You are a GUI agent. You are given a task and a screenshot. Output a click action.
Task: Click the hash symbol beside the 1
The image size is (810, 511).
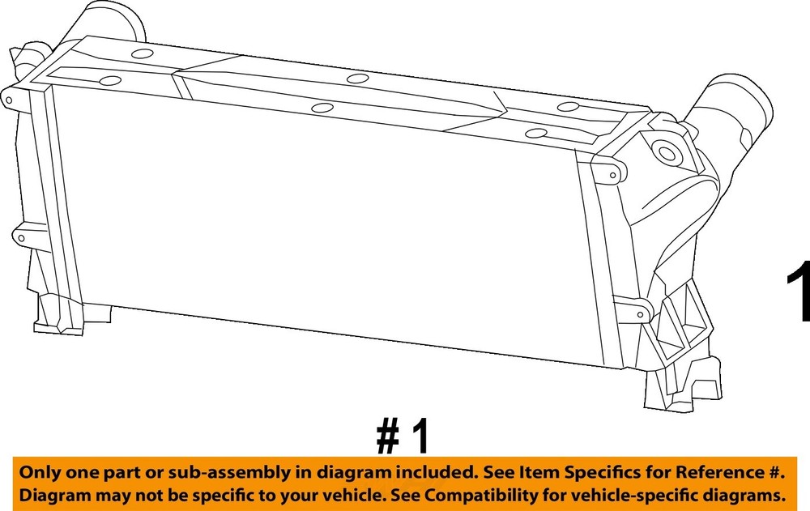click(388, 436)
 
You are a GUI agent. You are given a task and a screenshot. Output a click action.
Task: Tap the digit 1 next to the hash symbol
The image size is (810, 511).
click(420, 436)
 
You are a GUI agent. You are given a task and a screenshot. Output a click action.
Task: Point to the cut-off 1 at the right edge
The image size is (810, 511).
click(799, 291)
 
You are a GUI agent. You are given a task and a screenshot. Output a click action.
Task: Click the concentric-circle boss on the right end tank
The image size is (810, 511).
click(667, 153)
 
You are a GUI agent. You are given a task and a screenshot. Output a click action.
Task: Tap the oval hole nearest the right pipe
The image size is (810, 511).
click(569, 107)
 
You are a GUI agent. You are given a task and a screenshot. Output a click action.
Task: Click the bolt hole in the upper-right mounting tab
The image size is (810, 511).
click(612, 176)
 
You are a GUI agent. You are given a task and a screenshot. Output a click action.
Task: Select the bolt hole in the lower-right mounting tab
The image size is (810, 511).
click(640, 314)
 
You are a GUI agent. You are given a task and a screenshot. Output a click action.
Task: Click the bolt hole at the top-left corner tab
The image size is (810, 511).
click(9, 100)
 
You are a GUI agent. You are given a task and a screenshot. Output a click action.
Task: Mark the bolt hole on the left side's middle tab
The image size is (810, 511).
click(21, 238)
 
